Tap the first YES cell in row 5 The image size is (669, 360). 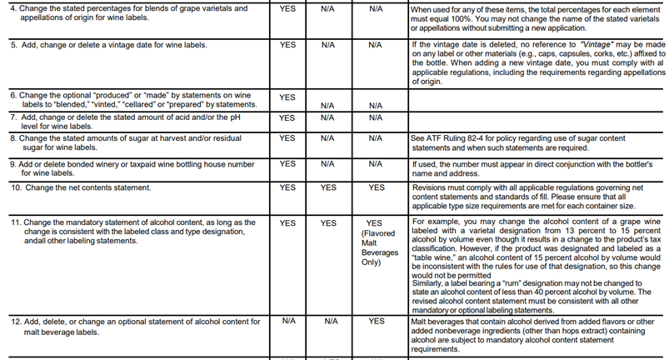[287, 44]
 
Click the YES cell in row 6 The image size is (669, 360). [287, 97]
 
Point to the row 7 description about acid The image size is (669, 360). [125, 122]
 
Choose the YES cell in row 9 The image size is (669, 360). [287, 164]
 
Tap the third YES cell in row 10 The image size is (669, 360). [376, 188]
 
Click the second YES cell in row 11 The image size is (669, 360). [329, 223]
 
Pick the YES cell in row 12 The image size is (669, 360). [376, 321]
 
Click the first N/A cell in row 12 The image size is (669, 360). [287, 321]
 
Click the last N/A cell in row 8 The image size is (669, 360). [376, 138]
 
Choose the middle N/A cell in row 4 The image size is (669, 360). [329, 8]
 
